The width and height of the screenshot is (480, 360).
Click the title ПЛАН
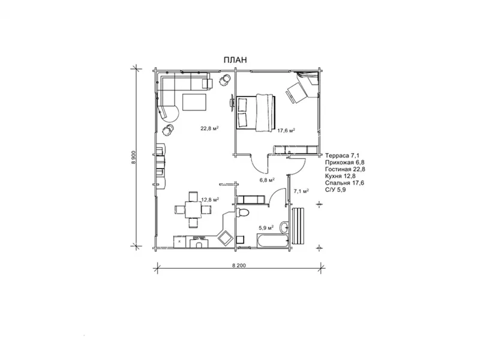coord(235,59)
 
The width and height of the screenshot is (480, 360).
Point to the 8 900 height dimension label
coord(133,157)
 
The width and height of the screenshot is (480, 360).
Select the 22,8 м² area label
coord(209,128)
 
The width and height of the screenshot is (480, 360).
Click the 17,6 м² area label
coord(286,130)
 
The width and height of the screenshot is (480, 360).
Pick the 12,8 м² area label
coord(210,200)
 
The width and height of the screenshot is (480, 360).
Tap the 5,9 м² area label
coord(266,228)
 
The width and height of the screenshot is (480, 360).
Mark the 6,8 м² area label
coord(266,180)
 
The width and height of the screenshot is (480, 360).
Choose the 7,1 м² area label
coord(301,191)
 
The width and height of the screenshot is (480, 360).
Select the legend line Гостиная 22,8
coord(346,169)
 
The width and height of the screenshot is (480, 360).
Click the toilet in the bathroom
coord(244,212)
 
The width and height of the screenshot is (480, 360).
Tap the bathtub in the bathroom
coord(272,241)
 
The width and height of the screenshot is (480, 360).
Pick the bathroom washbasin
coord(284,227)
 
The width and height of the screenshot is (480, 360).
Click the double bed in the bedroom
coord(256,113)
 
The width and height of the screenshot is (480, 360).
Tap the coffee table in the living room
coord(194,102)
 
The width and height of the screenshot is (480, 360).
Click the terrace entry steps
coord(298,226)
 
